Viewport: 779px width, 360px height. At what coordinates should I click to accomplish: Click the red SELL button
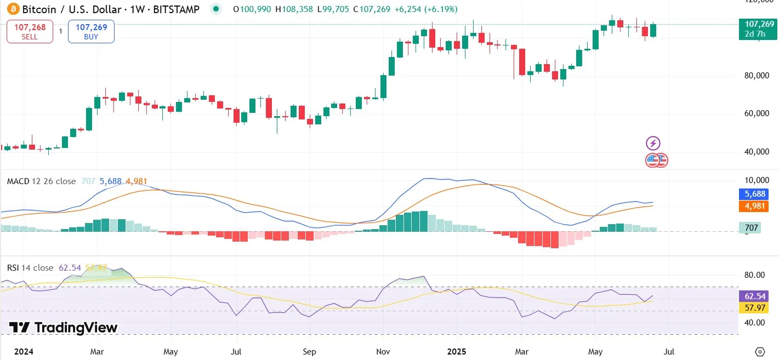30,31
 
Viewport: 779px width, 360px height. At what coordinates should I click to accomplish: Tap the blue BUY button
91,31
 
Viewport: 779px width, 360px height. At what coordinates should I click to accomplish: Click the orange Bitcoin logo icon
12,9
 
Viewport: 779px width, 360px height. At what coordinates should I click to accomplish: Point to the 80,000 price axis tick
754,76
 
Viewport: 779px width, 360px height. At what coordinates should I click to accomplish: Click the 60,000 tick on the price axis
754,113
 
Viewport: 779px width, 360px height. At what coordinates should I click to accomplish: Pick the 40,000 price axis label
754,152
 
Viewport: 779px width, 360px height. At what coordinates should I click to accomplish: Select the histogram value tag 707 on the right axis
749,227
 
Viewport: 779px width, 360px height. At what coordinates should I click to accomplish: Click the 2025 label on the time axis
457,351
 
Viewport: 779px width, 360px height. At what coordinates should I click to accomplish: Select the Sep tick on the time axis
310,351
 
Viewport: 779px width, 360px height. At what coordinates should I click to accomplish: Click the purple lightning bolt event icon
653,144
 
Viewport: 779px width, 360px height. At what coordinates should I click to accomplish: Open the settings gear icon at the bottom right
760,351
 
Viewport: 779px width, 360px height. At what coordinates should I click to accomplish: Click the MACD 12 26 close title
41,181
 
